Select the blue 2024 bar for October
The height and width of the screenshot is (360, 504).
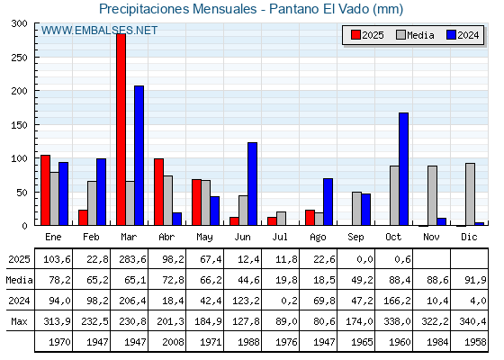[404, 169]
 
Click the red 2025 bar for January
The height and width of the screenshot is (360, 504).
[45, 190]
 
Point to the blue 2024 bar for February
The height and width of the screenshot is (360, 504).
[102, 192]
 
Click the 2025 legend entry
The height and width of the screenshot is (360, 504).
[366, 35]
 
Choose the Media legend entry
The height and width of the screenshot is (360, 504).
[415, 35]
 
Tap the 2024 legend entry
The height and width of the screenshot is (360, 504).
[462, 35]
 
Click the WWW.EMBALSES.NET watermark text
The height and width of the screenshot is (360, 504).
[99, 31]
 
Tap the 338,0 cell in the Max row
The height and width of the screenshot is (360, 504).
[395, 321]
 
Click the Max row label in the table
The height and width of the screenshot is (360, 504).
[17, 321]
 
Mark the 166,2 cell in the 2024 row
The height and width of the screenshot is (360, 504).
[395, 301]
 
